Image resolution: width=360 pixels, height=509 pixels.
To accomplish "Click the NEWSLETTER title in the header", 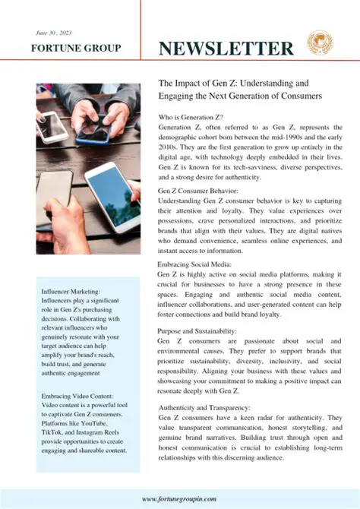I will pyautogui.click(x=226, y=48).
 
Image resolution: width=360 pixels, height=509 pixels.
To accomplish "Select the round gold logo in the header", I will pyautogui.click(x=319, y=42).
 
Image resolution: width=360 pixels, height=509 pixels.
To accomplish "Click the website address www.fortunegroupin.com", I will pyautogui.click(x=179, y=498).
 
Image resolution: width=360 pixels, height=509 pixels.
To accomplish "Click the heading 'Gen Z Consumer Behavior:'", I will pyautogui.click(x=197, y=191).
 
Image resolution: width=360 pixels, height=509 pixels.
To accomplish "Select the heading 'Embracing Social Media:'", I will pyautogui.click(x=193, y=265).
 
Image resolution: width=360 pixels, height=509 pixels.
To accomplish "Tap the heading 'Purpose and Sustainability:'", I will pyautogui.click(x=197, y=332).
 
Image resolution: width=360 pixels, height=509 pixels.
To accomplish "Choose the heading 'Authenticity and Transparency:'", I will pyautogui.click(x=204, y=408).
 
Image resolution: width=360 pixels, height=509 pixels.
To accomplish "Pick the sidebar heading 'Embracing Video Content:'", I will pyautogui.click(x=78, y=396).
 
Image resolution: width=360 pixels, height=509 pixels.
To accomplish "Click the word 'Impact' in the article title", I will pyautogui.click(x=189, y=82).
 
